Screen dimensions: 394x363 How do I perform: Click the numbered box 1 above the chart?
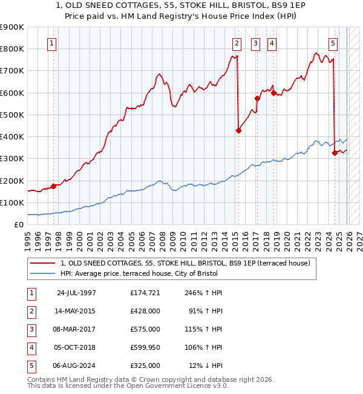(x=52, y=43)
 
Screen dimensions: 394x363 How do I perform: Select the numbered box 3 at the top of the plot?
(x=255, y=43)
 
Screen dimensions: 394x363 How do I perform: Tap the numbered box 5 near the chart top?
(x=333, y=43)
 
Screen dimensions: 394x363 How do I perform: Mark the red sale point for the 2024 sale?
(x=335, y=153)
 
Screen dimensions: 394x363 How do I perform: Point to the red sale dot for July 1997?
(x=53, y=186)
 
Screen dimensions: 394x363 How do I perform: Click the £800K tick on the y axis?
(x=12, y=49)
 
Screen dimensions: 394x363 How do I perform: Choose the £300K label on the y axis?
(x=12, y=159)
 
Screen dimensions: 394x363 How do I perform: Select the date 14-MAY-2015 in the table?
(x=76, y=311)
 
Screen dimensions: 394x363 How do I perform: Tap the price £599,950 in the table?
(x=145, y=347)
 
